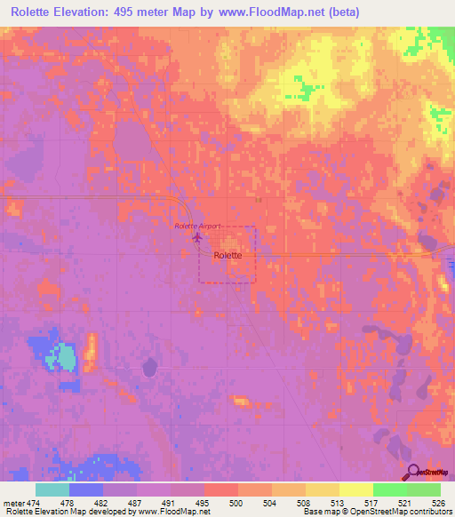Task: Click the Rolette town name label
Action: tap(235, 254)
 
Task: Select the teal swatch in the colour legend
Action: tap(52, 489)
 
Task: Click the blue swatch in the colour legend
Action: tap(86, 489)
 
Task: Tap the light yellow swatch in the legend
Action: tap(355, 489)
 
